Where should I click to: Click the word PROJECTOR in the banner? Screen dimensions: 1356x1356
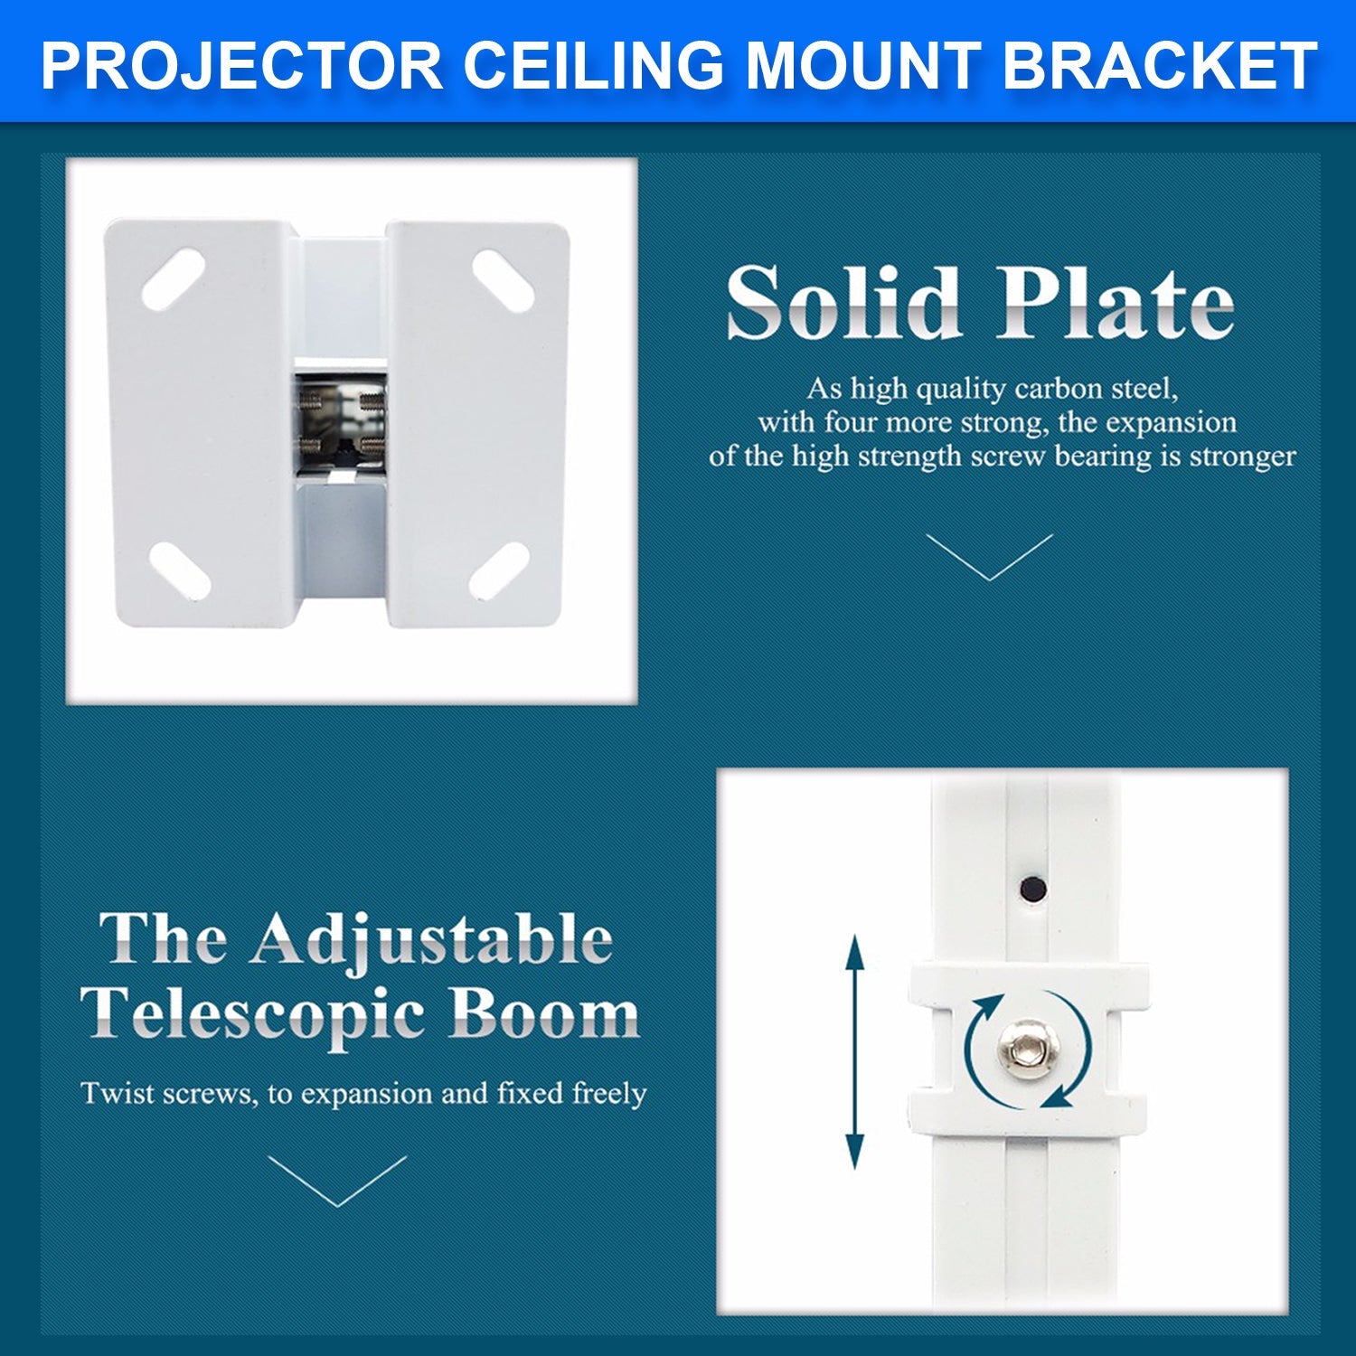tap(241, 65)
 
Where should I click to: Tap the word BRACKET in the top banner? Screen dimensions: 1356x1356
tap(1159, 65)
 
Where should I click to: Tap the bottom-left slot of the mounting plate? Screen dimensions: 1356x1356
tap(179, 571)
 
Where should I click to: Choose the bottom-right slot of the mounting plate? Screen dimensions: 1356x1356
tap(498, 571)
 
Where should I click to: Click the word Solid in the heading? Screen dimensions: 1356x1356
tap(842, 303)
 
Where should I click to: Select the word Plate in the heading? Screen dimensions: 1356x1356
tap(1115, 303)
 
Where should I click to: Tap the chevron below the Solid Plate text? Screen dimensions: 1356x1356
tap(990, 557)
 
